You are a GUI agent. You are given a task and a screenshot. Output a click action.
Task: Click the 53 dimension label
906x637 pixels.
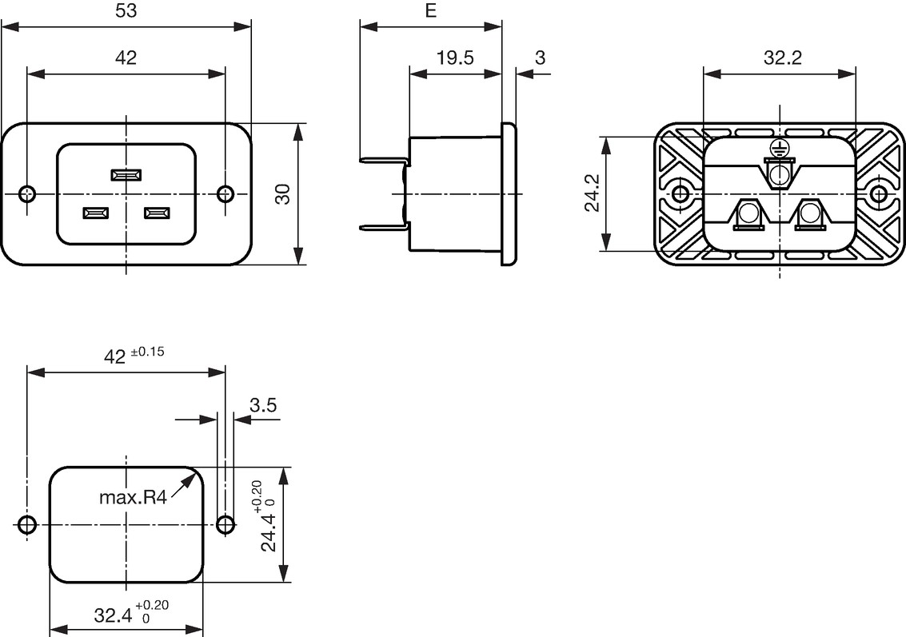point(126,10)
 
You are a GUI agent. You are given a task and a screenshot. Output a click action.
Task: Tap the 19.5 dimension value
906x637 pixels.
point(455,58)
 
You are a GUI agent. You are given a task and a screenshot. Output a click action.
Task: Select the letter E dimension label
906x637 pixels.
point(431,10)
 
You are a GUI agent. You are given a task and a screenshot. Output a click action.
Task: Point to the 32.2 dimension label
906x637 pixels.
point(783,58)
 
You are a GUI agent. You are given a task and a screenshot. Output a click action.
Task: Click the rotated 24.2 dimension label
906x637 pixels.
point(593,193)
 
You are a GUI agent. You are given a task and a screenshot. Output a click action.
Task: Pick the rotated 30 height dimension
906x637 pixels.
point(283,194)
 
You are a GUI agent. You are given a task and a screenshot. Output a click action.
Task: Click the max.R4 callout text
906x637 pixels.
point(133,497)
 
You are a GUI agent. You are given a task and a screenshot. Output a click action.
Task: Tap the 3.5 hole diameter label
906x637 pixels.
point(263,405)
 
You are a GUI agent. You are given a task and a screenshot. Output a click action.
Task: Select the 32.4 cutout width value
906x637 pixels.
point(114,615)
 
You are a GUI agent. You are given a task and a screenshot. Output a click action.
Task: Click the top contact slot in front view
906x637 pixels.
point(126,175)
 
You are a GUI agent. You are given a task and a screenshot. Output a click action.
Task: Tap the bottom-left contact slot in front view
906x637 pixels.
point(95,214)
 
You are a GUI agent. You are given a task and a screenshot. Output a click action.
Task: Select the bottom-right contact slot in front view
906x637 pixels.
point(158,214)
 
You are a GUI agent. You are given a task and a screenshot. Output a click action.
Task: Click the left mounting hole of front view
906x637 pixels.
point(27,193)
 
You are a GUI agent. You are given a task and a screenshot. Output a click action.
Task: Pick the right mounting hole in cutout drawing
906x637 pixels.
point(225,525)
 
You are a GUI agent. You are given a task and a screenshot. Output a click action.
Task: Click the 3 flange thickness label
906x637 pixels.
point(541,58)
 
